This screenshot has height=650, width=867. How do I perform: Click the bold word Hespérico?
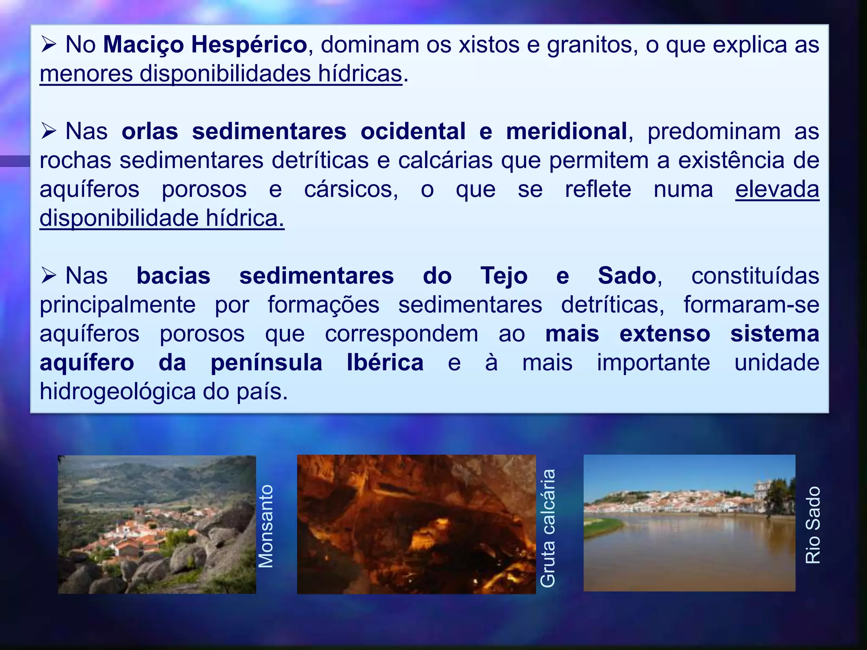(249, 45)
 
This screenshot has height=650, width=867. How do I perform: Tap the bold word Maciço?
(144, 45)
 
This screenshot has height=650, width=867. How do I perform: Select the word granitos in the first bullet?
(592, 45)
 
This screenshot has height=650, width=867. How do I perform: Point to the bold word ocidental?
(413, 131)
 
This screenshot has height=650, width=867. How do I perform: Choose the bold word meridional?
(566, 131)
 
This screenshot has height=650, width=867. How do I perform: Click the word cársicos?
(351, 189)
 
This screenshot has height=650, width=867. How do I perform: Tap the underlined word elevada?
(777, 189)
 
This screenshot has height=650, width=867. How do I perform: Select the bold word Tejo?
(504, 276)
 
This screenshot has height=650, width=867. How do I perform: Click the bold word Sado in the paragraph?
(627, 276)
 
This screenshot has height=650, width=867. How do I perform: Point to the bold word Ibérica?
(385, 363)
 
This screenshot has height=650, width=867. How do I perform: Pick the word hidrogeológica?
(118, 391)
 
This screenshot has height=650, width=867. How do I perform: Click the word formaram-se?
(751, 305)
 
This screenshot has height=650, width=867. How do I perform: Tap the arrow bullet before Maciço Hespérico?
(49, 45)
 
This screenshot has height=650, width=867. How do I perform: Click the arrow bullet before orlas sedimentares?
(49, 131)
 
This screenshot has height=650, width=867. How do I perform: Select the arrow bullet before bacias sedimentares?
(49, 276)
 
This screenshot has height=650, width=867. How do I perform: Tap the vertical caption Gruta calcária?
(548, 528)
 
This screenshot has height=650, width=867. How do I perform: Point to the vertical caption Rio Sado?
(813, 525)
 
